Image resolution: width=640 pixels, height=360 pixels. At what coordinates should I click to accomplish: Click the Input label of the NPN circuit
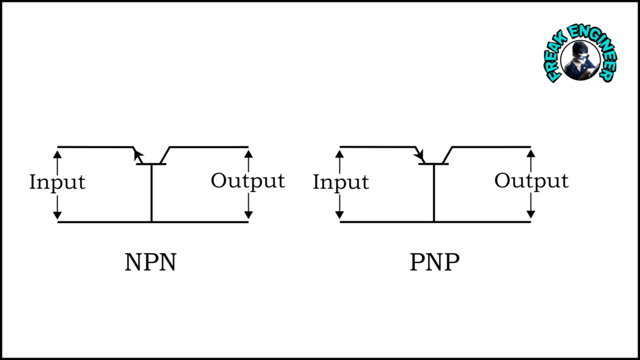pos(57,182)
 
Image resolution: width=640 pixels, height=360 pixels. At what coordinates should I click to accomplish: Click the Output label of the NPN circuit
pos(247,181)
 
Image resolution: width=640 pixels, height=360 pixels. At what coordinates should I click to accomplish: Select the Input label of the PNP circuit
pos(341,182)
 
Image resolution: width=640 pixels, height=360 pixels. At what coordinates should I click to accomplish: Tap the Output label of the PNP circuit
pos(531,181)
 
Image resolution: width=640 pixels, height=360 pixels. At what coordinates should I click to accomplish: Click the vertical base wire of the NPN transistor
pos(151,194)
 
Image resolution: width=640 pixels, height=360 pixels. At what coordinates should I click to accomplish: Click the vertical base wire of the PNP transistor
pos(434,194)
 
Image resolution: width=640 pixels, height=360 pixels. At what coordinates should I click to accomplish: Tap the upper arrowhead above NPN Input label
pos(57,152)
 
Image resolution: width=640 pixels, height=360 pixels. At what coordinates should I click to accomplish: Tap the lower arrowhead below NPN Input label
pos(57,216)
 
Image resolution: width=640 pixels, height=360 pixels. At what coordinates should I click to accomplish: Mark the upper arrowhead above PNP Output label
pos(531,152)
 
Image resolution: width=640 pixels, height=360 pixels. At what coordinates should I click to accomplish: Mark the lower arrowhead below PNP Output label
pos(531,216)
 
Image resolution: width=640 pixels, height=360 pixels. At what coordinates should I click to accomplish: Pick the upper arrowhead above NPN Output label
pos(248,152)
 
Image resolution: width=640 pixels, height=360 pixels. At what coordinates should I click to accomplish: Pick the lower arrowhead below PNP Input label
pos(341,216)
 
